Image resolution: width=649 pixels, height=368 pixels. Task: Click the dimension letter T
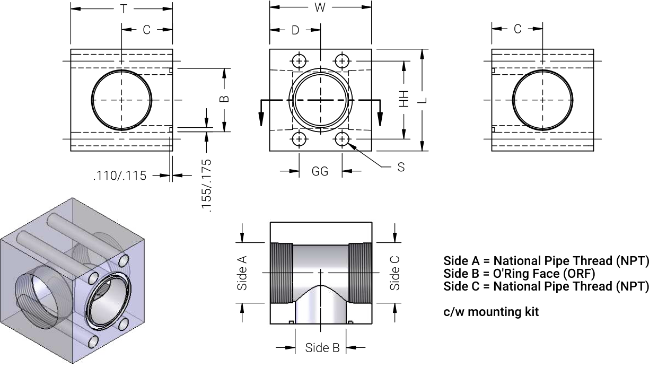pyautogui.click(x=124, y=9)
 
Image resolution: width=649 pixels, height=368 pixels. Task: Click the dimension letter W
pyautogui.click(x=320, y=7)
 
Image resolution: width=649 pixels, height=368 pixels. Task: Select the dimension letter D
pyautogui.click(x=295, y=30)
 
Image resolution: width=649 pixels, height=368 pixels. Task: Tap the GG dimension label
pyautogui.click(x=320, y=171)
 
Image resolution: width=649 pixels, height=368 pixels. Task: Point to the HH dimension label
pyautogui.click(x=404, y=99)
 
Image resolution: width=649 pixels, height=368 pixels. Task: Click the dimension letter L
pyautogui.click(x=424, y=100)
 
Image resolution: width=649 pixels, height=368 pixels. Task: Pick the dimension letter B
pyautogui.click(x=224, y=99)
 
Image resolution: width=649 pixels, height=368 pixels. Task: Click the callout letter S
pyautogui.click(x=401, y=167)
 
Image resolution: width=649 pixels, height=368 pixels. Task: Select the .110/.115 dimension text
pyautogui.click(x=120, y=176)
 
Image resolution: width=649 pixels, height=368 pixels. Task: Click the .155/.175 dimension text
pyautogui.click(x=207, y=186)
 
